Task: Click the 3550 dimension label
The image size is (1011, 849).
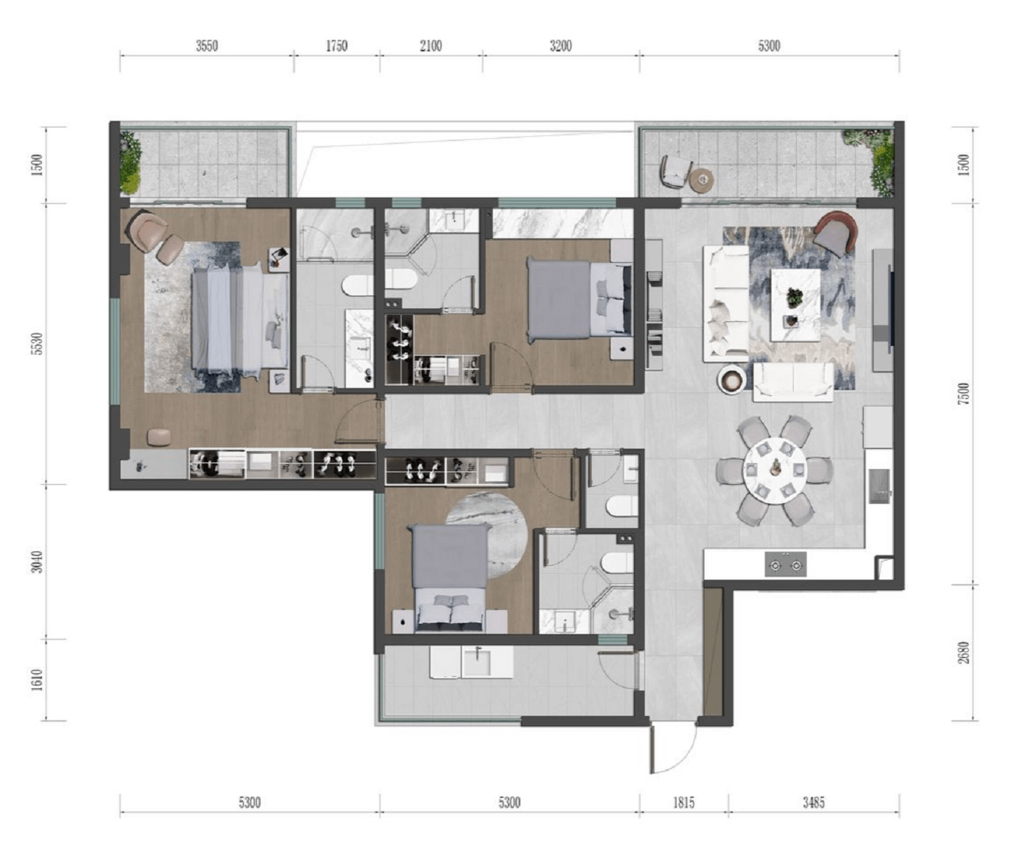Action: click(207, 46)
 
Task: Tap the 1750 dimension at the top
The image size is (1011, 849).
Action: click(337, 46)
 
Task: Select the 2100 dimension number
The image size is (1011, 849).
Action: click(431, 46)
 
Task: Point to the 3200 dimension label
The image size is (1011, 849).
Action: click(561, 46)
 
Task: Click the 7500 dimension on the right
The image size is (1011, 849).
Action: click(965, 393)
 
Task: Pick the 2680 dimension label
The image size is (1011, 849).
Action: click(965, 652)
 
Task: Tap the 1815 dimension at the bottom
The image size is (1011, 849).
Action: click(684, 803)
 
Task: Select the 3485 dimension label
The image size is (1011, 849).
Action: click(813, 803)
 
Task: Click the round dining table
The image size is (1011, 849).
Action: click(774, 470)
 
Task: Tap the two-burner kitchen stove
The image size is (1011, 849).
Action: click(785, 565)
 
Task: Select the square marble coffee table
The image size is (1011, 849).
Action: click(795, 305)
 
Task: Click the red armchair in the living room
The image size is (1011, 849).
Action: click(835, 232)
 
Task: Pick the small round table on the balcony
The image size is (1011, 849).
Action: click(702, 179)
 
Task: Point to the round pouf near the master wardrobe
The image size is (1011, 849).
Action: click(158, 436)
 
